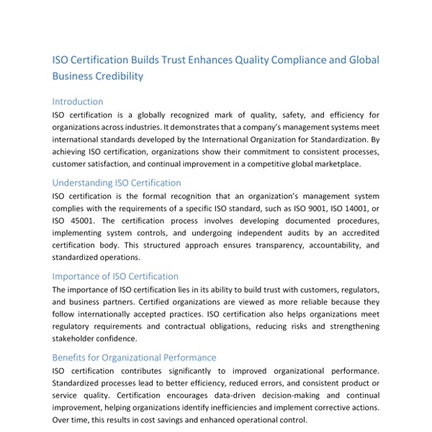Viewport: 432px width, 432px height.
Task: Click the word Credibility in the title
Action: click(x=120, y=76)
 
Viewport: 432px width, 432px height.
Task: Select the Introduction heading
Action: click(x=78, y=102)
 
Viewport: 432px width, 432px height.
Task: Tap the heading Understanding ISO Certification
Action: click(x=117, y=183)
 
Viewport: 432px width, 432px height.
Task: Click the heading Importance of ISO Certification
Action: click(x=115, y=276)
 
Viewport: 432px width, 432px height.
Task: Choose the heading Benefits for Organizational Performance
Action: click(x=134, y=357)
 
